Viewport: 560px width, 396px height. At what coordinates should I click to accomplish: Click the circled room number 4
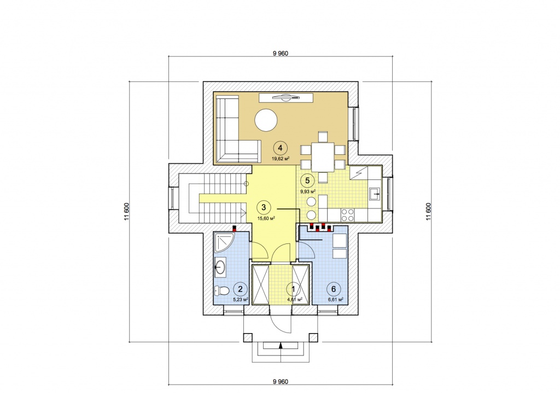(x=281, y=148)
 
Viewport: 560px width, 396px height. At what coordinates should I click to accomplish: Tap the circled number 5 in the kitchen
(x=307, y=180)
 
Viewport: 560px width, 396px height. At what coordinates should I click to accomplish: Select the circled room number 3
(x=264, y=207)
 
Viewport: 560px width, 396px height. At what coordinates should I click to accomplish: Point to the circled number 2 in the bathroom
(x=240, y=289)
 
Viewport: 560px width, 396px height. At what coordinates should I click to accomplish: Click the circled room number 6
(x=334, y=289)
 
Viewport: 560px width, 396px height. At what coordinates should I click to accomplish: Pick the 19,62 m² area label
(x=281, y=159)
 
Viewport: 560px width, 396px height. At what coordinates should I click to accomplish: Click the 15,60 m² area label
(x=266, y=218)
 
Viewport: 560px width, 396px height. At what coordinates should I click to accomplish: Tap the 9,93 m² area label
(x=308, y=191)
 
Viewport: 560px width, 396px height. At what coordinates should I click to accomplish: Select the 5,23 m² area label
(x=241, y=300)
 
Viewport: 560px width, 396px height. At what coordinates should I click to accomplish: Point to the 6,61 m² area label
(x=336, y=300)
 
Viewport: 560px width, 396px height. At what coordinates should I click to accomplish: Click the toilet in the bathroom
(x=221, y=290)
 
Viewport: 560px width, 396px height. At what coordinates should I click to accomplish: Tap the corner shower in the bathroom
(x=224, y=243)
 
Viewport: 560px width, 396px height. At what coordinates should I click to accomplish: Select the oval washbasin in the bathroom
(x=220, y=266)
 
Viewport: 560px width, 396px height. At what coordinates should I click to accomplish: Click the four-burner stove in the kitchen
(x=347, y=216)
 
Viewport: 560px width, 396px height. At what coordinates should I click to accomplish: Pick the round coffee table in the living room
(x=266, y=120)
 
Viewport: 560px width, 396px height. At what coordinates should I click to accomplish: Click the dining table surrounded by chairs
(x=323, y=157)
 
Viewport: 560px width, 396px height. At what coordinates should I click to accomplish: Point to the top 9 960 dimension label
(x=281, y=54)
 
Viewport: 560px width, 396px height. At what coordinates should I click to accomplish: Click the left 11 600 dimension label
(x=126, y=212)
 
